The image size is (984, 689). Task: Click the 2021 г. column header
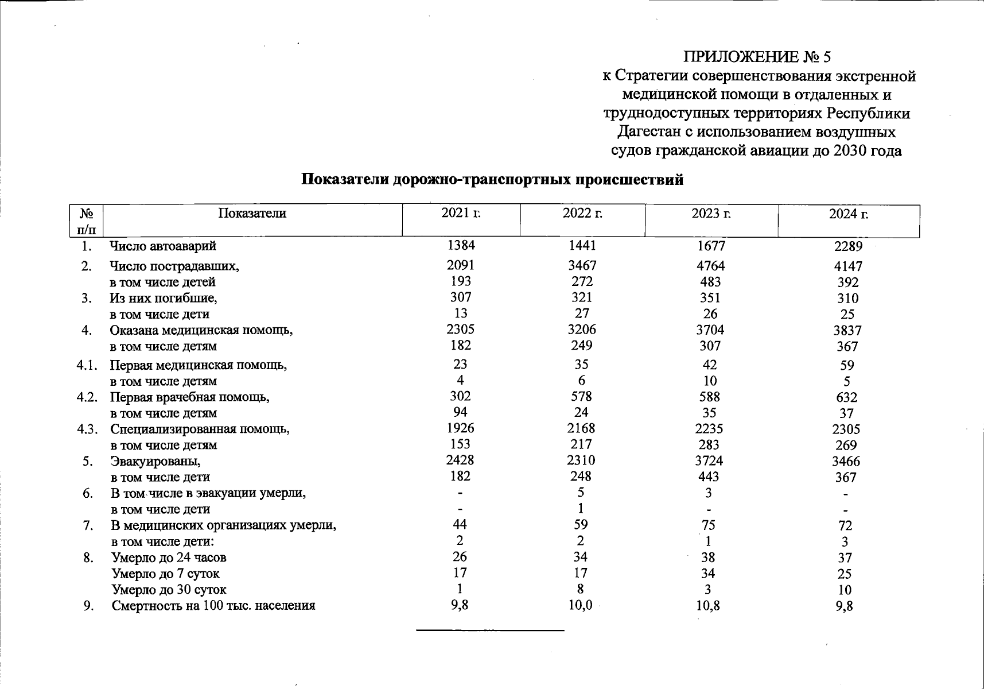[461, 213]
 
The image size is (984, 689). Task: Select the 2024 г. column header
[848, 214]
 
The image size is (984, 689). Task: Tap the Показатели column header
[252, 214]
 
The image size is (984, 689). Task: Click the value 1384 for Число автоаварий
[461, 245]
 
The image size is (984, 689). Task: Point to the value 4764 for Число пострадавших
[710, 266]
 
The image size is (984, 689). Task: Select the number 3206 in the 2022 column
[581, 330]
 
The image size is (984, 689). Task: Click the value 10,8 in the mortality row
[708, 605]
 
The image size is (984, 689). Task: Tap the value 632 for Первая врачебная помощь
[846, 397]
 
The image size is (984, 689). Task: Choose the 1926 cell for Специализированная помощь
[460, 428]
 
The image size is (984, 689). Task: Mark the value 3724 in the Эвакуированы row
[709, 460]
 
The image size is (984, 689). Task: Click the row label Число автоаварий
[163, 246]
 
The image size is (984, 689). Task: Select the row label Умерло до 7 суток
[165, 574]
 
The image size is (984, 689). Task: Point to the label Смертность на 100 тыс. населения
[213, 606]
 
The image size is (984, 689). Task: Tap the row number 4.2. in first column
[87, 397]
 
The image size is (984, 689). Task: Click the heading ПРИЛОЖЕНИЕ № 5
[757, 57]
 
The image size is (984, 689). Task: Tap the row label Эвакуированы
[155, 461]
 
